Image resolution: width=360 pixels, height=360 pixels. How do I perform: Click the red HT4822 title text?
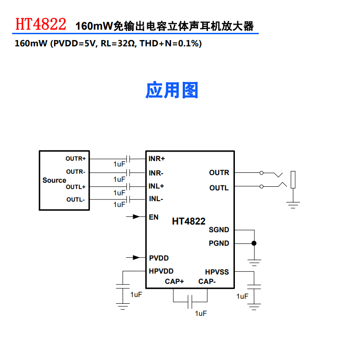[40, 24]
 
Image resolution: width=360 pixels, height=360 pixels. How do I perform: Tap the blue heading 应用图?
[171, 90]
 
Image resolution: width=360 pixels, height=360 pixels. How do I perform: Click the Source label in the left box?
[54, 180]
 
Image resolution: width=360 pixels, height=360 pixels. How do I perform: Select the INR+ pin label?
[157, 159]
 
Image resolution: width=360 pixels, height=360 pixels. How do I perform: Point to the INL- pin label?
[156, 199]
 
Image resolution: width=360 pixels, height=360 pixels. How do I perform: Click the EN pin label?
[153, 217]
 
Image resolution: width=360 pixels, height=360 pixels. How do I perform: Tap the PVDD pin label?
[159, 258]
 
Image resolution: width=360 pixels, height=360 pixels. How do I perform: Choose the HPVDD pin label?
[161, 271]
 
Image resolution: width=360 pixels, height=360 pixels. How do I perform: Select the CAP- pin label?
[207, 281]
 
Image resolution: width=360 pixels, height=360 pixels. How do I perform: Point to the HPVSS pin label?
[217, 272]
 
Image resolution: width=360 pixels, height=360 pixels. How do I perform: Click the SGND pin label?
[219, 229]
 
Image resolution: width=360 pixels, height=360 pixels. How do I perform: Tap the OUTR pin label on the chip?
[219, 172]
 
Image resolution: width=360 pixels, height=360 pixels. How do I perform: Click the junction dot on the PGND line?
[254, 243]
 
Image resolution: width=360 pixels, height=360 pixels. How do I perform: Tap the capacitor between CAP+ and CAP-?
[190, 302]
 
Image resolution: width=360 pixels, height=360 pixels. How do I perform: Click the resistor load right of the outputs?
[293, 180]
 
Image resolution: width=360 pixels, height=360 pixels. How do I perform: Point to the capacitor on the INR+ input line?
[129, 159]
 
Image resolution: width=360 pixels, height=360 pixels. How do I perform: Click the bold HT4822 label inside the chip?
[189, 221]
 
